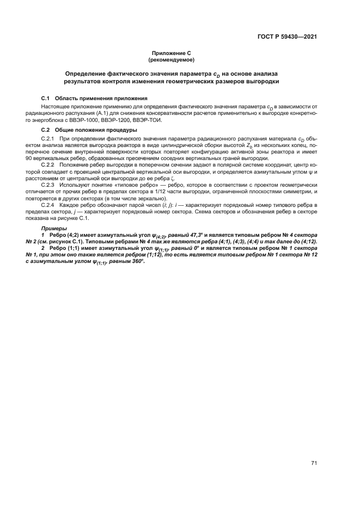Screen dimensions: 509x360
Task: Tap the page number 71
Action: [314, 463]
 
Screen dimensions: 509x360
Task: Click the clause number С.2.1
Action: [49, 139]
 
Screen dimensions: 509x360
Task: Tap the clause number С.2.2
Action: [49, 164]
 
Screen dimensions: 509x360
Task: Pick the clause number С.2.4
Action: [49, 204]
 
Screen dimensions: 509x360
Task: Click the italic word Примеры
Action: [53, 228]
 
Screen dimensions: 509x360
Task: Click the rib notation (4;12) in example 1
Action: [308, 241]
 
